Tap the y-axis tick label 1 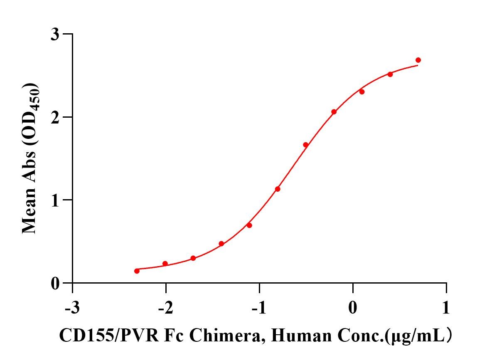[x=56, y=200]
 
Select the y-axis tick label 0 [x=56, y=284]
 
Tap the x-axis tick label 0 [x=353, y=309]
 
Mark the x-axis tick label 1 [x=446, y=309]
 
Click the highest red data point [x=418, y=60]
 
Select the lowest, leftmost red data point [x=137, y=271]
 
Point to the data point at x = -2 [x=165, y=264]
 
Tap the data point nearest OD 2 [x=334, y=112]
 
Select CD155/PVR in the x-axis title [x=108, y=335]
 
